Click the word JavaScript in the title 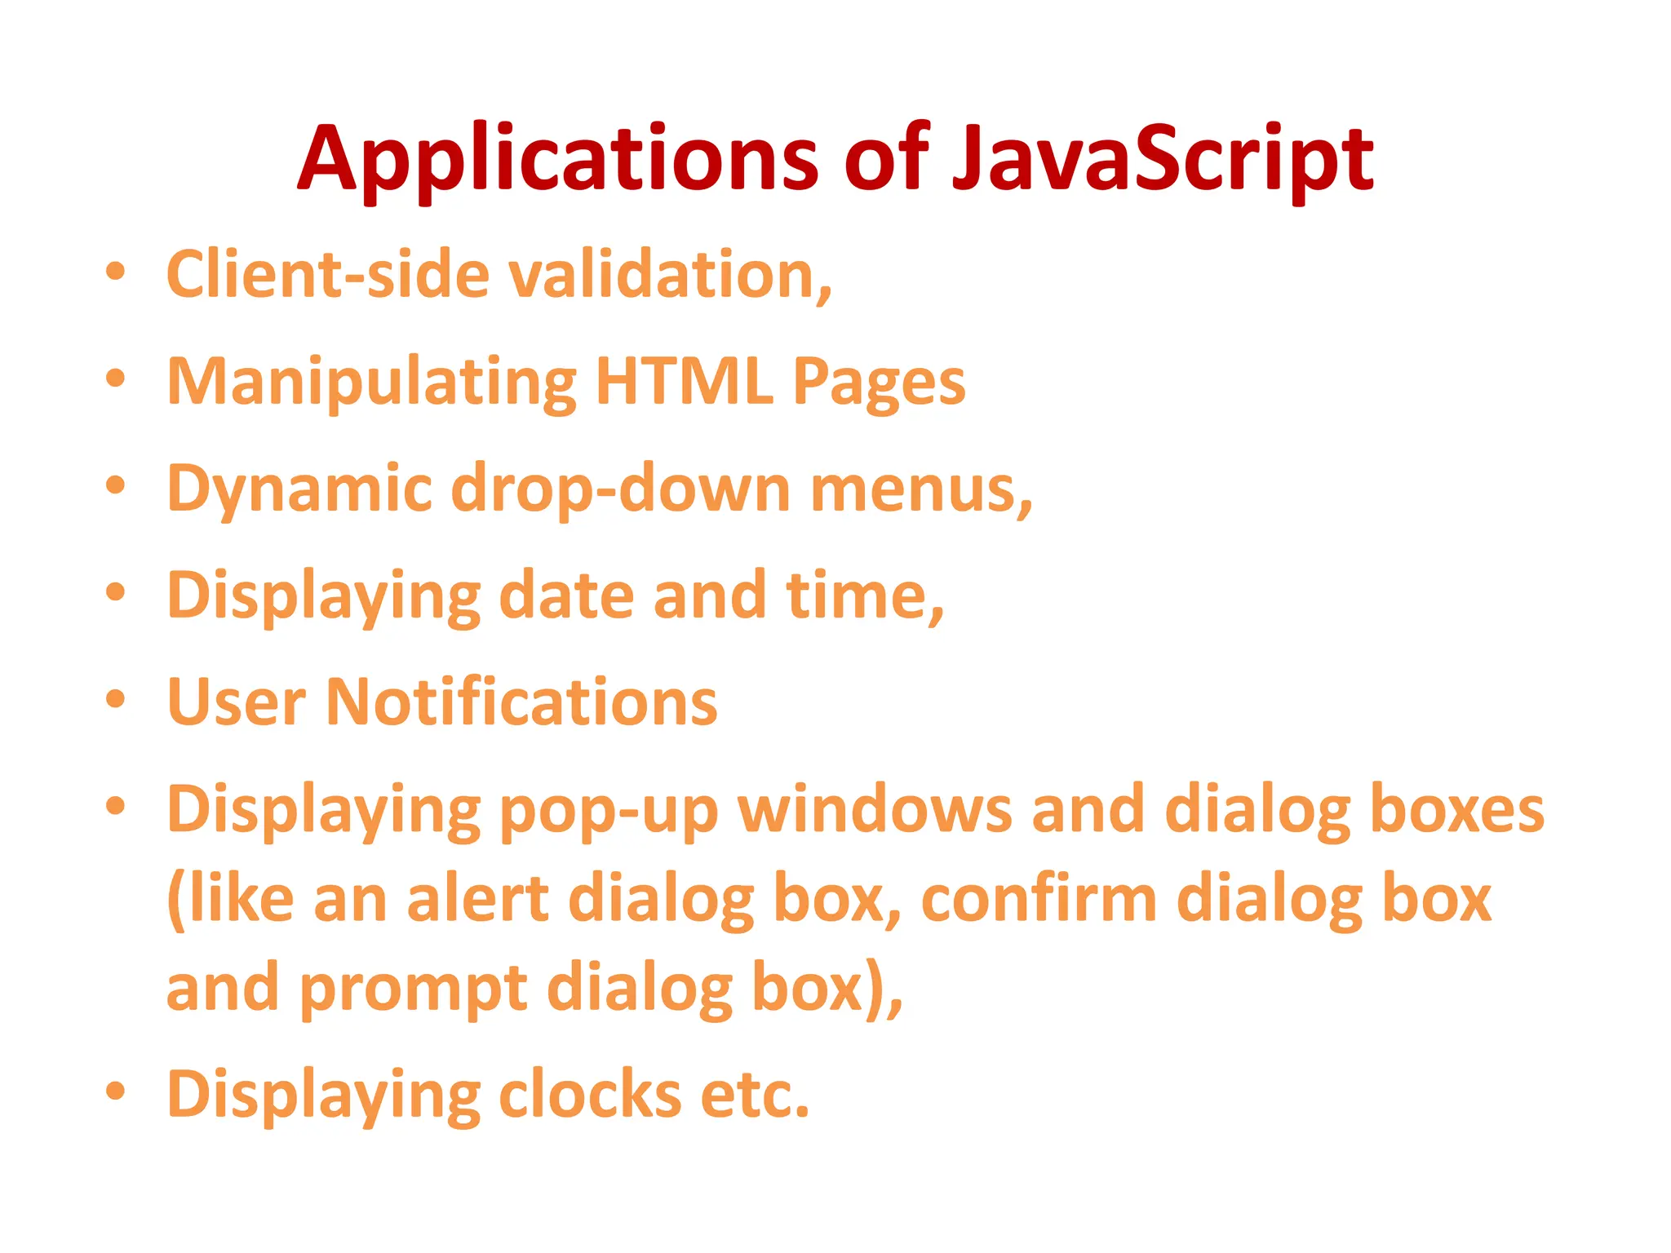[x=1162, y=159]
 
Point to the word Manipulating [x=371, y=382]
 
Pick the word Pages [x=879, y=382]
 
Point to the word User [x=237, y=702]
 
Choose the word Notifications [x=521, y=702]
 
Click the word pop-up [x=608, y=810]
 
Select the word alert [x=477, y=899]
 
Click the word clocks [x=589, y=1094]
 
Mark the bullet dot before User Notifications [x=116, y=699]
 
